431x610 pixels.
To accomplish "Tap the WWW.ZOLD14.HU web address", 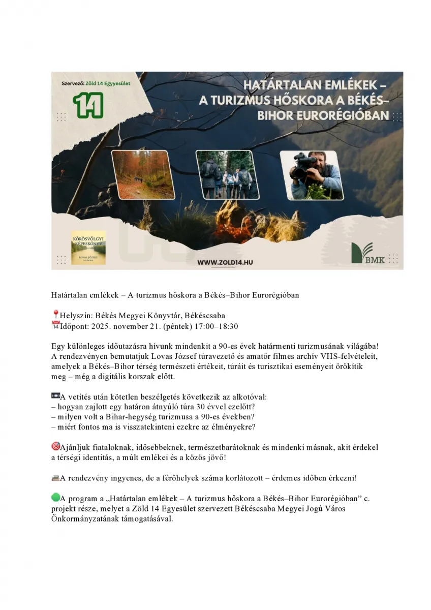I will [x=226, y=262].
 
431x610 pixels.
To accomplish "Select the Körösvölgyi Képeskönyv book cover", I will [x=88, y=248].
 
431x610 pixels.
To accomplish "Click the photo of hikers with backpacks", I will [x=225, y=174].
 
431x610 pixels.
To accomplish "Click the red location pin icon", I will [x=55, y=315].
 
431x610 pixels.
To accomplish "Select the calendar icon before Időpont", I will [x=55, y=325].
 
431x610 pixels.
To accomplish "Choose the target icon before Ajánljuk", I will [x=55, y=447].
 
